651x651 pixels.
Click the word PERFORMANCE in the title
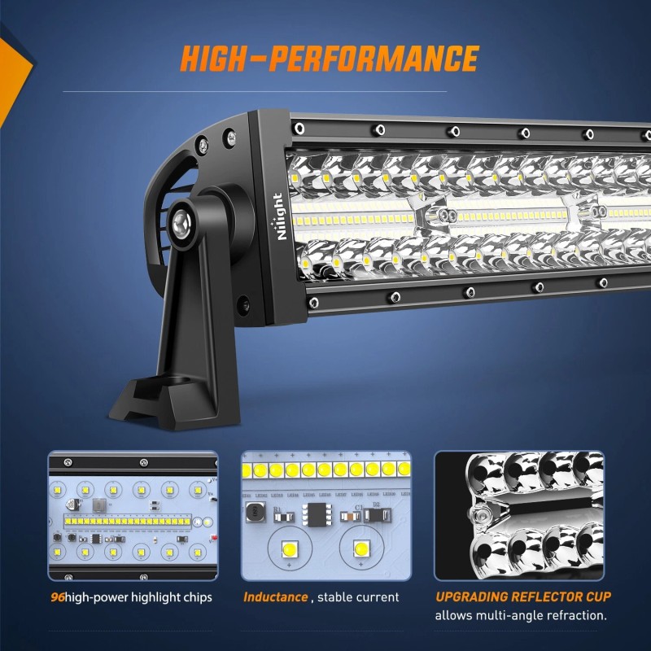375,59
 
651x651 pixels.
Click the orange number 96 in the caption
56,597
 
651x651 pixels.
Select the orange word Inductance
276,597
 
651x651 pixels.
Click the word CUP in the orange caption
596,596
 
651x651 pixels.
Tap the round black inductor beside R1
254,512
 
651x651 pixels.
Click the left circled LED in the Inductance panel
286,548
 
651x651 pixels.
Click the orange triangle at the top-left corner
11,69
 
